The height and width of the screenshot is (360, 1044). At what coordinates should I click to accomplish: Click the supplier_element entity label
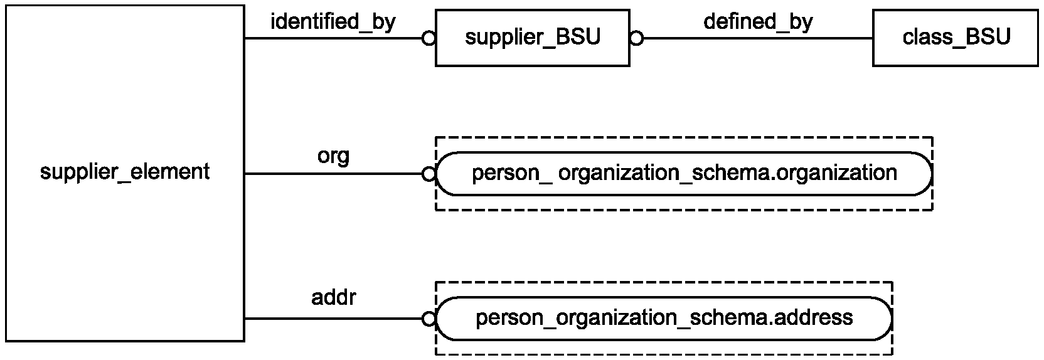point(125,172)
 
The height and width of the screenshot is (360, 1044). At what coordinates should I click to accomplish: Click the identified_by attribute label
point(333,21)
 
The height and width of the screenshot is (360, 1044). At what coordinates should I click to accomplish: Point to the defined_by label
point(759,21)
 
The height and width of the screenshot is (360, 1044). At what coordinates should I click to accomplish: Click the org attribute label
point(333,157)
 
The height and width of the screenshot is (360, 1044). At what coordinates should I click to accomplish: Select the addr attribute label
point(333,297)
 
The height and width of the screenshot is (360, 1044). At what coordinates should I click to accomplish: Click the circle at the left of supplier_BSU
point(429,38)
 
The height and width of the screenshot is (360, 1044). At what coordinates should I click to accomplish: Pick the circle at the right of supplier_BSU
point(637,38)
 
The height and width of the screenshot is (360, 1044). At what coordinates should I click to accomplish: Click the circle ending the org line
point(429,174)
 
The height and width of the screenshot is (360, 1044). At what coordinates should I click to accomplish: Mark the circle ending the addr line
point(429,319)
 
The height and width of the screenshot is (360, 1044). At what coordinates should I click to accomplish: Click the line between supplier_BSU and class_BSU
point(758,38)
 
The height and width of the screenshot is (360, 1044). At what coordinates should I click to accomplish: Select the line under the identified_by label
point(333,38)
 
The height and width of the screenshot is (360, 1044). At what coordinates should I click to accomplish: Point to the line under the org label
point(333,174)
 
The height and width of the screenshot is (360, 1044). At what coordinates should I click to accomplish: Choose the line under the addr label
point(333,319)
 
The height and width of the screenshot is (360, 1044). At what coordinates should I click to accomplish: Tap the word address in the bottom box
point(811,317)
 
